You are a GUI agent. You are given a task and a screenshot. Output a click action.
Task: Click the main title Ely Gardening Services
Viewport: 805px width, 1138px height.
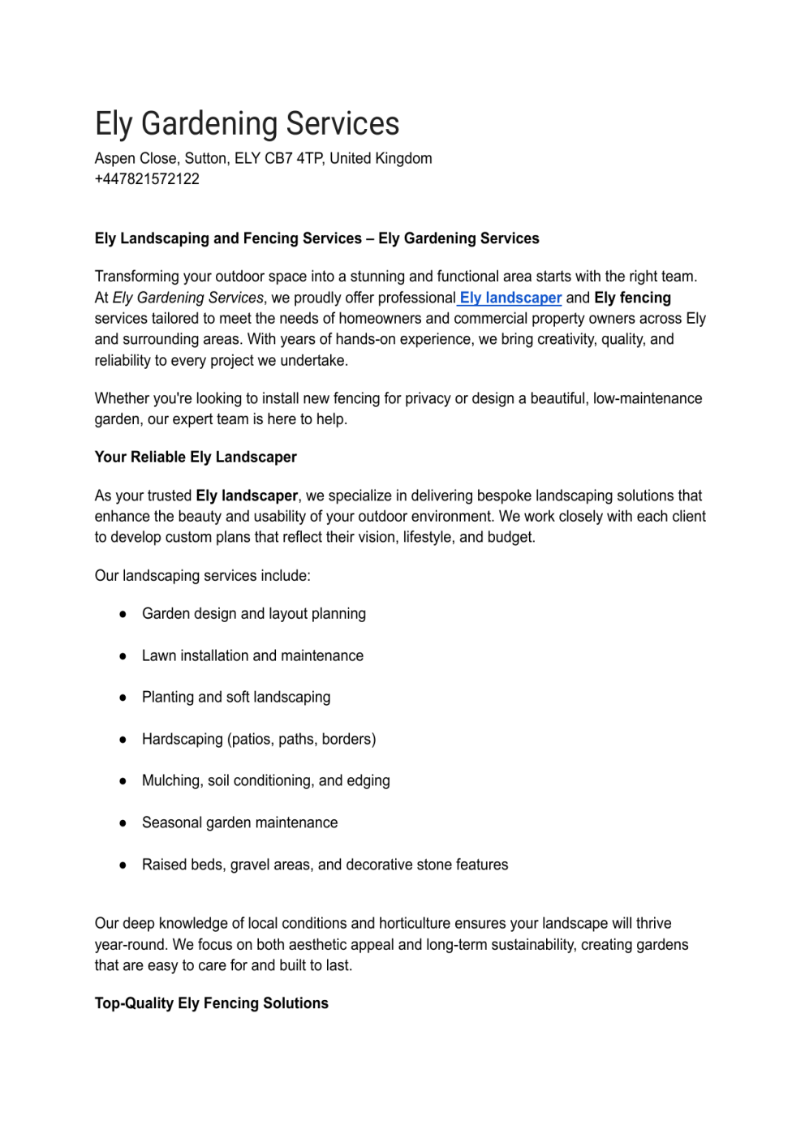[x=247, y=124]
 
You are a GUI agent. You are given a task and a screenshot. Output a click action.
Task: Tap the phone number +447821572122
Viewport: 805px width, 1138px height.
[x=147, y=179]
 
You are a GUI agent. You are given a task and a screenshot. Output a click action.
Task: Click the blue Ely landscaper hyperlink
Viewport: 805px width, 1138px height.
[x=510, y=298]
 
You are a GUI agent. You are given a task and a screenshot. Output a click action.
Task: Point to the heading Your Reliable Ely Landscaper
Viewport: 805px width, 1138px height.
[x=196, y=457]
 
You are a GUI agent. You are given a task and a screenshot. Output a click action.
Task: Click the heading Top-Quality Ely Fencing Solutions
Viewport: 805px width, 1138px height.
[x=211, y=1003]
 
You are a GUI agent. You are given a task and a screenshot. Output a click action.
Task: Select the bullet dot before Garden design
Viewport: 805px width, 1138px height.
[x=123, y=615]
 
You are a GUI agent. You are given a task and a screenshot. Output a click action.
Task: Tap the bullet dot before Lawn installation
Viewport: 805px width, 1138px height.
[x=123, y=656]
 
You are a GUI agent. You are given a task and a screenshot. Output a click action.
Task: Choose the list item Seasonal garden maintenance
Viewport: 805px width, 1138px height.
[x=239, y=822]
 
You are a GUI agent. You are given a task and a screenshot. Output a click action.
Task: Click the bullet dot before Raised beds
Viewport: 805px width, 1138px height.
[x=123, y=865]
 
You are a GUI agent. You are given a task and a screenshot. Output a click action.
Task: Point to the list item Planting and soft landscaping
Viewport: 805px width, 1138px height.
[x=236, y=698]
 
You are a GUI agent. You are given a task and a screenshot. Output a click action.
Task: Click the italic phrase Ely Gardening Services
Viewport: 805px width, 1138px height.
[x=188, y=298]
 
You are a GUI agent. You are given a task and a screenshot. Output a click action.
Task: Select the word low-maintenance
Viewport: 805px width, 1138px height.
[x=648, y=398]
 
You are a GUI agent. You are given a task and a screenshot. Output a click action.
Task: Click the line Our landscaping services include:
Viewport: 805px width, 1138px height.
[x=202, y=576]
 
